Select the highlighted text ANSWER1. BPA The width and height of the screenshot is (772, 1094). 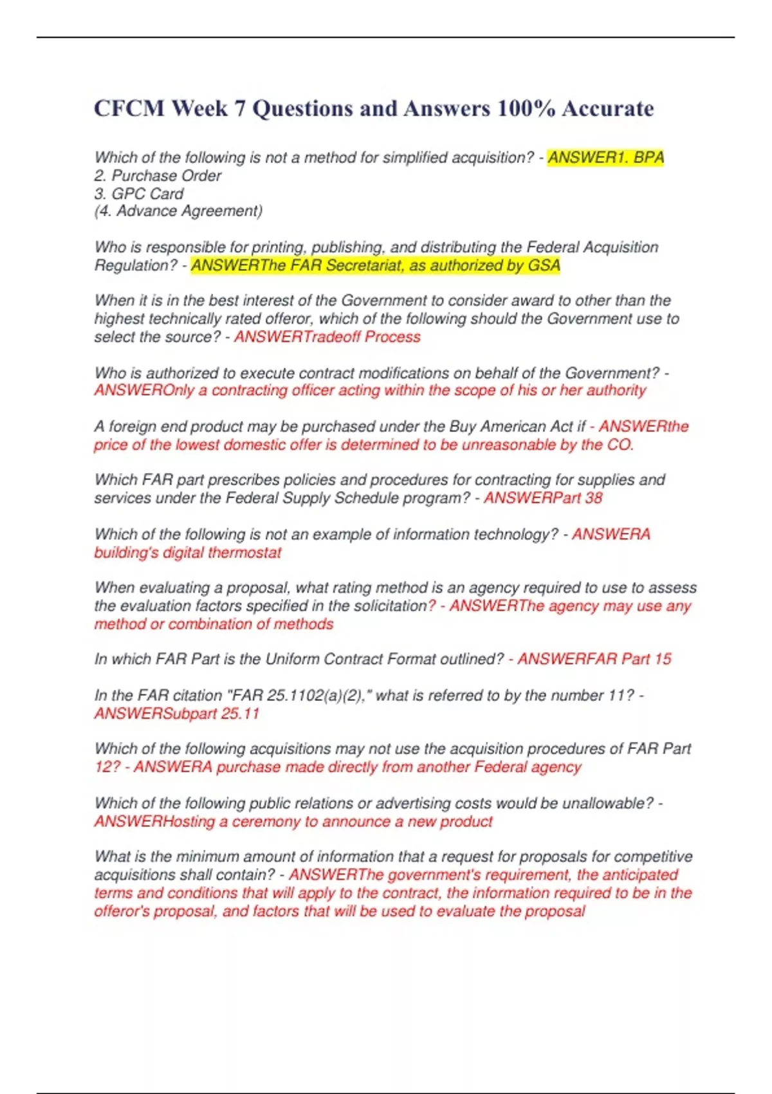(x=605, y=158)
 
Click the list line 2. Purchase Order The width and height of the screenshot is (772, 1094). (x=158, y=176)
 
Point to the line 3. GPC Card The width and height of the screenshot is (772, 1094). (x=139, y=194)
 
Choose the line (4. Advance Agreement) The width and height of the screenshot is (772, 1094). (x=178, y=211)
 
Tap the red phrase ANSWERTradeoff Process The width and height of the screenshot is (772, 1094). (x=327, y=337)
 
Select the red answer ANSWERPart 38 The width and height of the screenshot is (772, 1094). (x=543, y=497)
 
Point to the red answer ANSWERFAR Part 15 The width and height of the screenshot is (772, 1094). (x=594, y=659)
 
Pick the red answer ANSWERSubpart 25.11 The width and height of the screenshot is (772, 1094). (x=177, y=713)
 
